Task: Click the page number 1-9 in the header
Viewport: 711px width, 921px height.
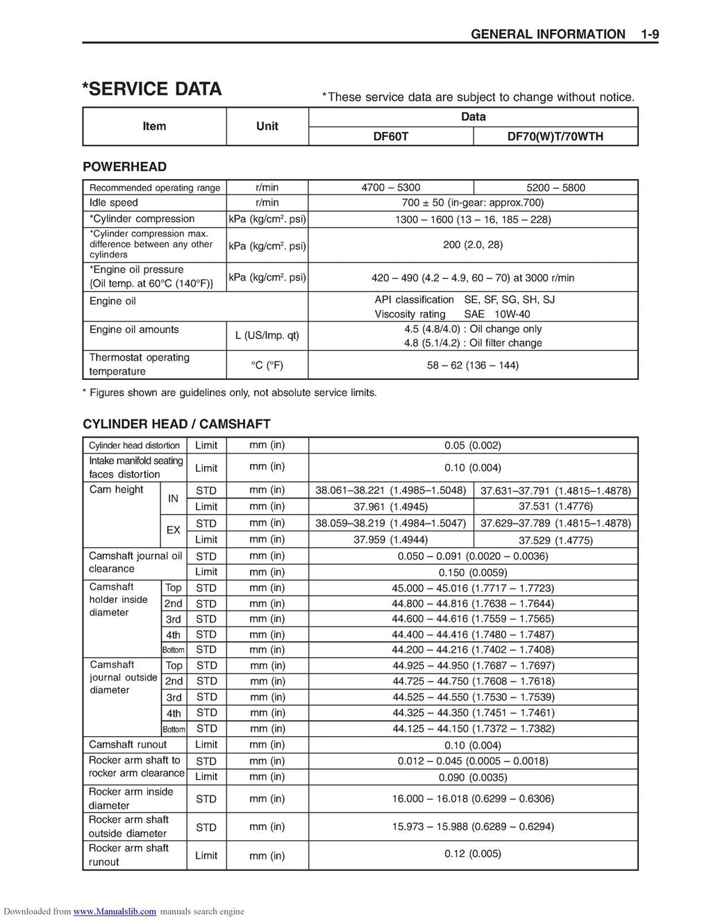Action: (649, 34)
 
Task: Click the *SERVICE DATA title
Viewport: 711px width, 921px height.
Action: (152, 90)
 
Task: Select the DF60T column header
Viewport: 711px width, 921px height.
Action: (390, 137)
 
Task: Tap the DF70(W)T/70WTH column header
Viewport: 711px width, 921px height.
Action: (555, 137)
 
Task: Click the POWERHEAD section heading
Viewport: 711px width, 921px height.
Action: (124, 167)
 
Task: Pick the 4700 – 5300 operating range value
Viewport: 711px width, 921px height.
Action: (390, 188)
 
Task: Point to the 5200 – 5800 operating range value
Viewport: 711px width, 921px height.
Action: (555, 188)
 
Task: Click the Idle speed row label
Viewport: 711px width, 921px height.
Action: (114, 203)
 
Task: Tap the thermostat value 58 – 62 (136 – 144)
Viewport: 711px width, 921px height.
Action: (472, 365)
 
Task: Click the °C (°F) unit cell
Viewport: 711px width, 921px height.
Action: (267, 365)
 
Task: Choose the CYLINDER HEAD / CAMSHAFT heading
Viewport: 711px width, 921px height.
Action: (176, 424)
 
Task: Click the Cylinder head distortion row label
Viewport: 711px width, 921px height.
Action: (134, 445)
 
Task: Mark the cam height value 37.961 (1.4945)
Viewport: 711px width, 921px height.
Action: (390, 507)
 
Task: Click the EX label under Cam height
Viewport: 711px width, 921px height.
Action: (173, 530)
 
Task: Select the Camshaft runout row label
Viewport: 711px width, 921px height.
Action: (128, 745)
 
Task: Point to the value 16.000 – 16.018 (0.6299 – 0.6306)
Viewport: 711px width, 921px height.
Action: (472, 799)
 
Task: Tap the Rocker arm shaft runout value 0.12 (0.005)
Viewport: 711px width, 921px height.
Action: (472, 854)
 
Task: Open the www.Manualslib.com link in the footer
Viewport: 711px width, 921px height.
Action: (115, 911)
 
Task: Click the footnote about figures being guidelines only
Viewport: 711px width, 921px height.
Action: (230, 393)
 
